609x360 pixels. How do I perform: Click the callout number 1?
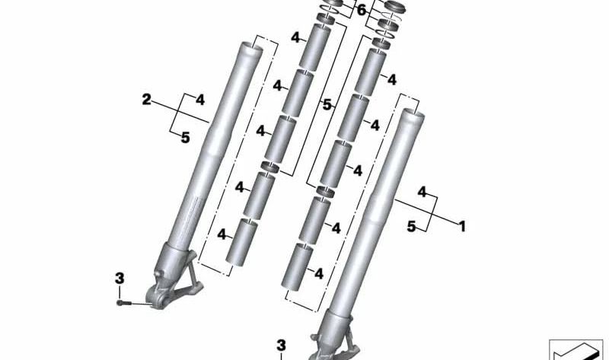[x=462, y=226]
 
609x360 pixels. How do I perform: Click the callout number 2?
[x=146, y=100]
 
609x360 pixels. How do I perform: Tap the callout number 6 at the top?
[x=361, y=11]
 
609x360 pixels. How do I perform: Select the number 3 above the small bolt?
[x=120, y=279]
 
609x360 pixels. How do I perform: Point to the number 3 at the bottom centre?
[x=281, y=346]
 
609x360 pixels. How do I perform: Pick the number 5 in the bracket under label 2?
[x=185, y=138]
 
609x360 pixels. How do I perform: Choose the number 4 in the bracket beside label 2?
[x=199, y=100]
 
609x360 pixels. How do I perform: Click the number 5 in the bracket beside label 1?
[x=411, y=226]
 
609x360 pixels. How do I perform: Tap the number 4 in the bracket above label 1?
[x=422, y=192]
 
